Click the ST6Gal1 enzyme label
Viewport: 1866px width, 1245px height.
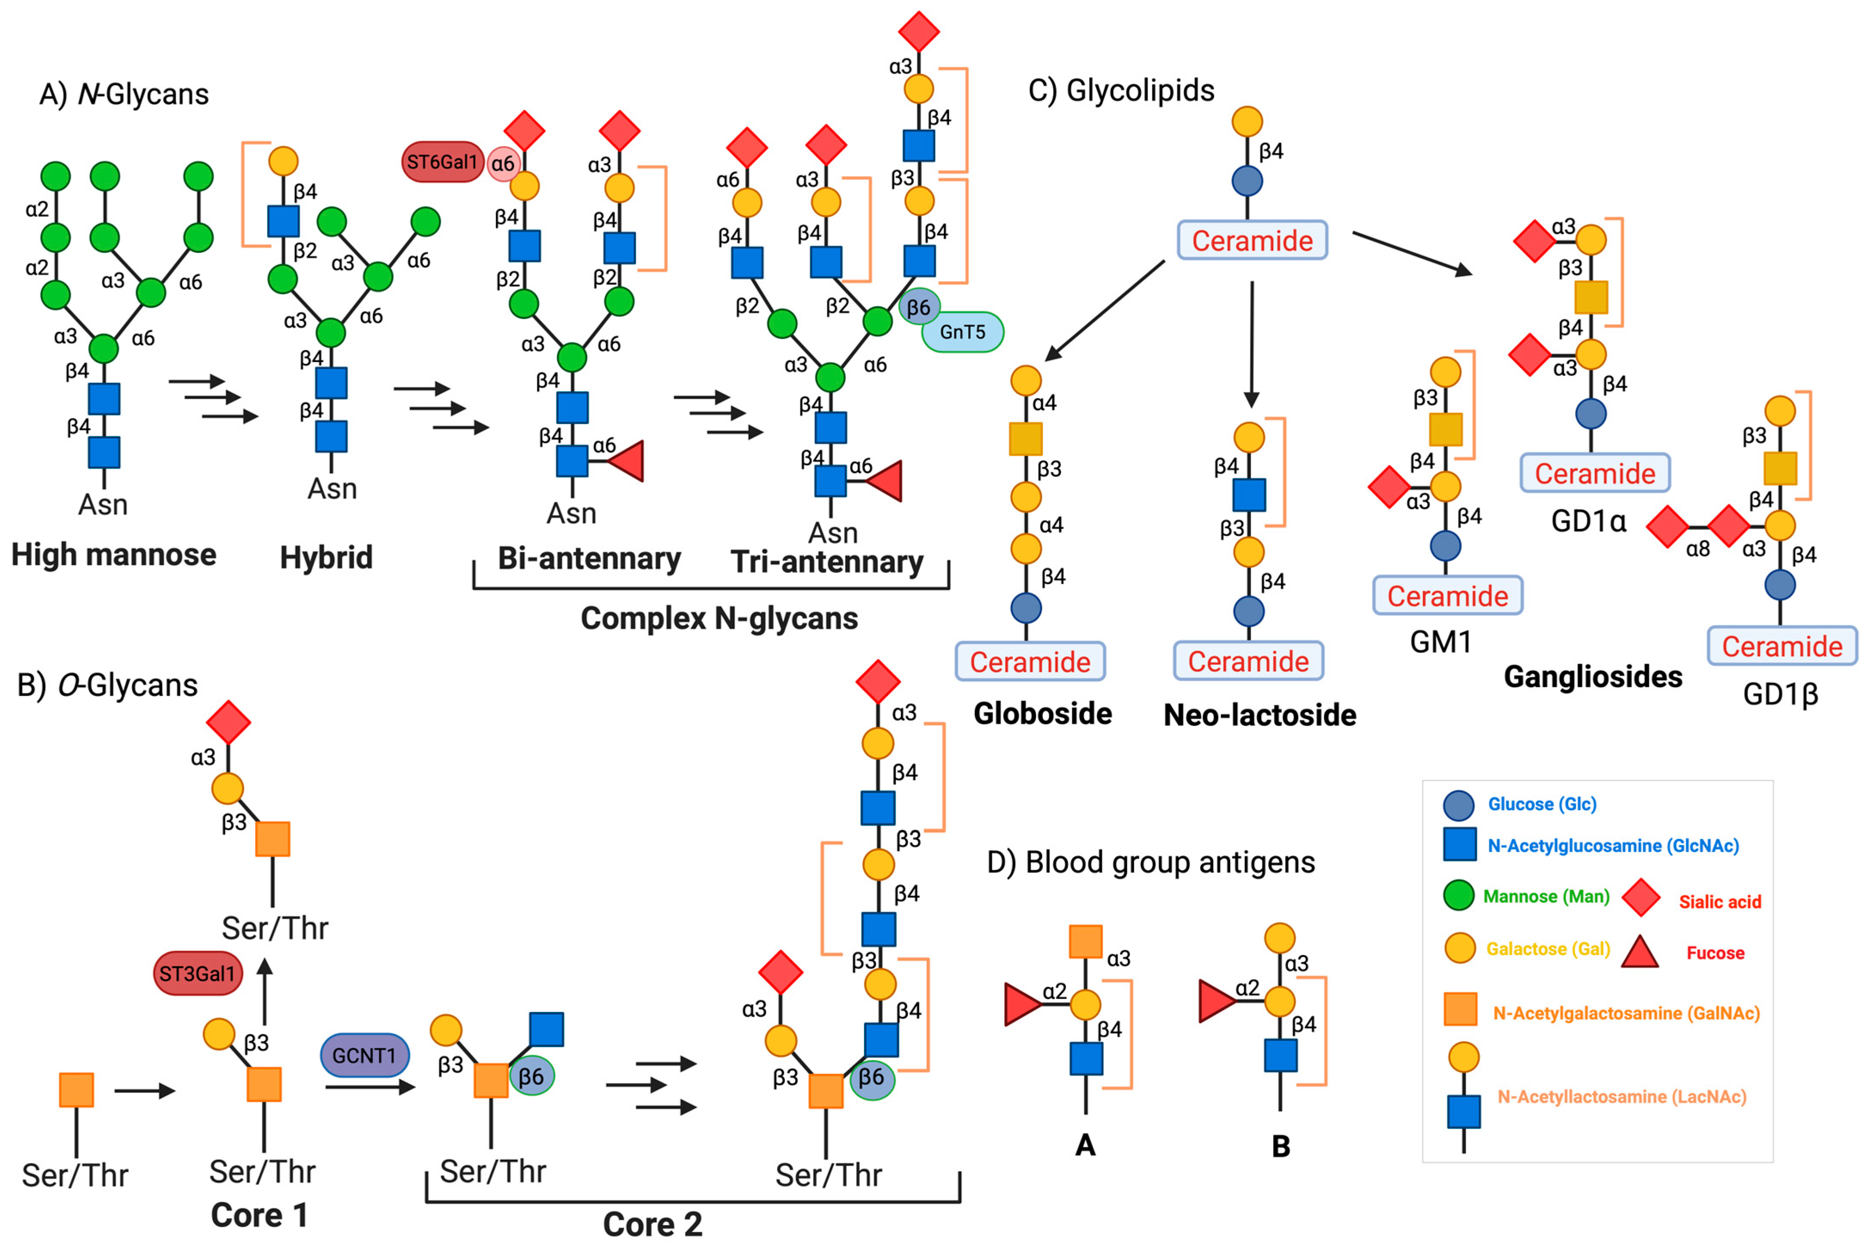pos(442,162)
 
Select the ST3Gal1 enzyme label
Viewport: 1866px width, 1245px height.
pos(197,974)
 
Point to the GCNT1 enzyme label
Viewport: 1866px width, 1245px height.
pos(365,1055)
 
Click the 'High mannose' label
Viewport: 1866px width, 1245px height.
pos(113,554)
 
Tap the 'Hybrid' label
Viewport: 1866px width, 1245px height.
pos(326,557)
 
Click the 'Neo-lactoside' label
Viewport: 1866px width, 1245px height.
pos(1259,715)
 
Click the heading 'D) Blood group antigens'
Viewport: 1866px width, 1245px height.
pos(1150,862)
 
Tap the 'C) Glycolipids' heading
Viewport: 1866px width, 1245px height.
pos(1121,90)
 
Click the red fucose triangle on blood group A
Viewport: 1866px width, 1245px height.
pos(1021,1005)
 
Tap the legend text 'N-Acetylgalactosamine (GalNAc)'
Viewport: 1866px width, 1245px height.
pos(1626,1013)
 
